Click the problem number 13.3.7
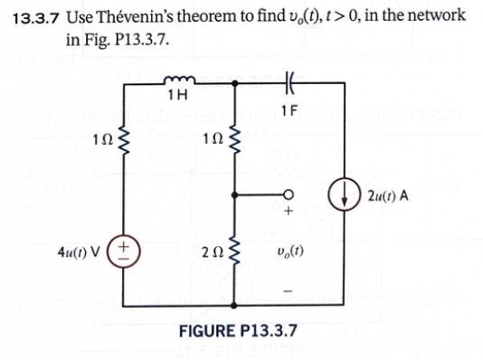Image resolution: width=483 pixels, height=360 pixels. pos(35,16)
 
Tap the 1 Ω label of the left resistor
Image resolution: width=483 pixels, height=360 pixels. pos(99,141)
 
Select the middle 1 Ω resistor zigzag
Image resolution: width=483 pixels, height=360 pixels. pos(235,141)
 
